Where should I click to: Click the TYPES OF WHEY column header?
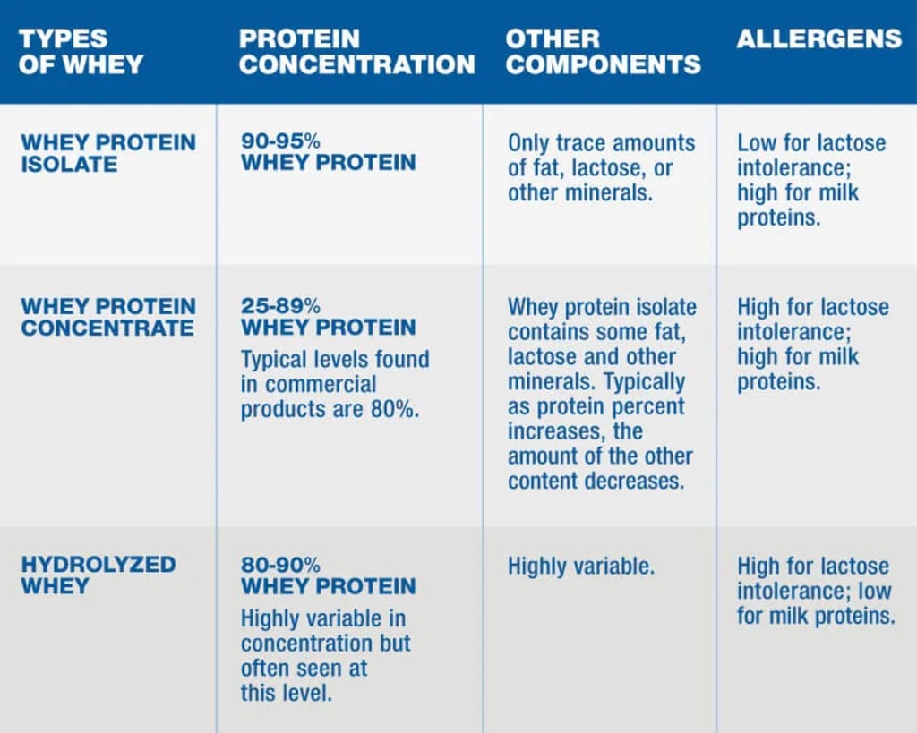81,52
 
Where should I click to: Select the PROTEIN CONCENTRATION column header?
356,52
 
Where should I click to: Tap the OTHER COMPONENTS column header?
603,52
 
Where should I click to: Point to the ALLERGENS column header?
818,39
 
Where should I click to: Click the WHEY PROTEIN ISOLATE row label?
107,153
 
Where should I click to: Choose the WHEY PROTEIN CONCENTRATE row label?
107,317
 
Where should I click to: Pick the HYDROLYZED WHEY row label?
98,575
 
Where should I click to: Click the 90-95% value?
281,141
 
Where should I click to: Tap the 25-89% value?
281,306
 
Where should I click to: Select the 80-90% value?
281,566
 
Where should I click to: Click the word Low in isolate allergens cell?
756,143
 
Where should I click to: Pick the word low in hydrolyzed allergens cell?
874,592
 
